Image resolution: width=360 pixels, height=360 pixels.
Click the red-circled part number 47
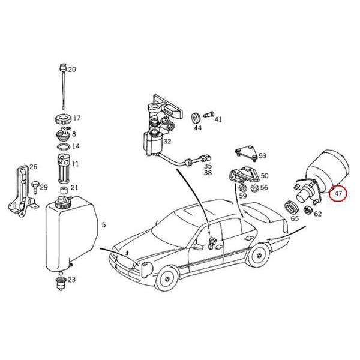[x=338, y=193]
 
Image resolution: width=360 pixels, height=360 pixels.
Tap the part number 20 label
[x=72, y=70]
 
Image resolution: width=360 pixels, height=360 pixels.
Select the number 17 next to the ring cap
[x=77, y=118]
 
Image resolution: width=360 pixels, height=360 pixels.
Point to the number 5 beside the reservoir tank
[x=104, y=225]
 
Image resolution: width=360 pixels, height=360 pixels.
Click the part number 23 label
[x=72, y=280]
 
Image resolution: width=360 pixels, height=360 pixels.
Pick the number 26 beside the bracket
[x=34, y=167]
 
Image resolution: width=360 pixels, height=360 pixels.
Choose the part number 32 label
[x=167, y=142]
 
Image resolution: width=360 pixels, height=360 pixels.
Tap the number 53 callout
[x=263, y=156]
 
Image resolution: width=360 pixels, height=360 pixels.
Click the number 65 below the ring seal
[x=295, y=220]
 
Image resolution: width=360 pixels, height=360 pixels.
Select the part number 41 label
[x=218, y=119]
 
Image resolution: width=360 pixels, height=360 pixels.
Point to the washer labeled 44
[x=196, y=115]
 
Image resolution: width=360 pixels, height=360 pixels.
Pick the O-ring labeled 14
[x=62, y=146]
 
